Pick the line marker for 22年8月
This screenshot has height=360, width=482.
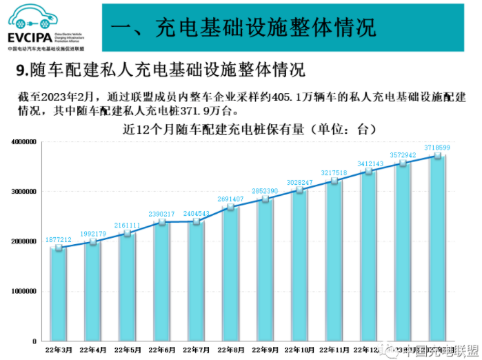pyautogui.click(x=231, y=207)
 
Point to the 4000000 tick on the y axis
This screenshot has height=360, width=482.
pyautogui.click(x=23, y=141)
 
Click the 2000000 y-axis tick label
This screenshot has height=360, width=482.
pyautogui.click(x=23, y=241)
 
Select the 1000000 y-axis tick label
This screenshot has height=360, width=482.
pyautogui.click(x=23, y=292)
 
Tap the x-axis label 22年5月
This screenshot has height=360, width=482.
pyautogui.click(x=128, y=350)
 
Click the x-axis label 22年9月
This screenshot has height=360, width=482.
pyautogui.click(x=265, y=350)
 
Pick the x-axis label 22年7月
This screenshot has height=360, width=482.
pyautogui.click(x=197, y=350)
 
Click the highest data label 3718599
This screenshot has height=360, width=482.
pyautogui.click(x=437, y=148)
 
